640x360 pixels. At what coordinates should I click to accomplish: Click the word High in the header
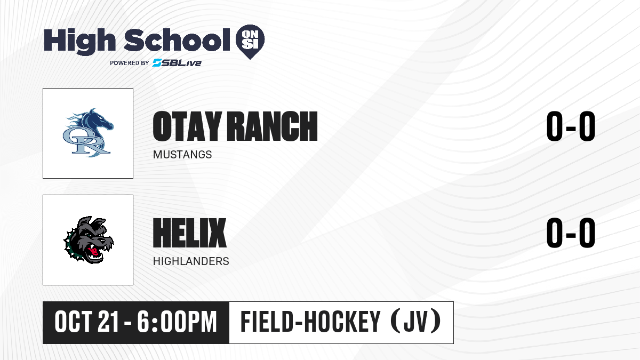(x=80, y=41)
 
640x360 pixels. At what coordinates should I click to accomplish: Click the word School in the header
(x=177, y=40)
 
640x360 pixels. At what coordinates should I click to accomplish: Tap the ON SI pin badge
(x=250, y=42)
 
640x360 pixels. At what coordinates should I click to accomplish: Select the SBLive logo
(x=177, y=63)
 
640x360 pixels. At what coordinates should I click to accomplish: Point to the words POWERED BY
(x=130, y=63)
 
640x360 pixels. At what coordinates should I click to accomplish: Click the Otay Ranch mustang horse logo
(x=88, y=133)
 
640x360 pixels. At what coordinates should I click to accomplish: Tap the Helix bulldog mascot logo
(x=89, y=240)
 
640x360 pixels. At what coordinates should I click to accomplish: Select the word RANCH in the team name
(x=273, y=126)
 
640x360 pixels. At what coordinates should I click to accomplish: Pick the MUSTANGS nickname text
(x=182, y=155)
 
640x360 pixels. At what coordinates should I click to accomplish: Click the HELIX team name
(x=190, y=233)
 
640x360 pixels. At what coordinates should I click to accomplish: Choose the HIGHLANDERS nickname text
(x=191, y=261)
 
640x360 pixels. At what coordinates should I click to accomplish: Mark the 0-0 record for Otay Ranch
(x=571, y=126)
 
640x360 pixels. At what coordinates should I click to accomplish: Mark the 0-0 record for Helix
(x=571, y=233)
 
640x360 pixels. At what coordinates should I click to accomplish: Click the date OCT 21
(x=86, y=322)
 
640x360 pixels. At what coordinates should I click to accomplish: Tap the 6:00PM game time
(x=177, y=322)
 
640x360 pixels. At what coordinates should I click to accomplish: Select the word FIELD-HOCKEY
(x=310, y=322)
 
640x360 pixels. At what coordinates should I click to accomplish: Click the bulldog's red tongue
(x=93, y=251)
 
